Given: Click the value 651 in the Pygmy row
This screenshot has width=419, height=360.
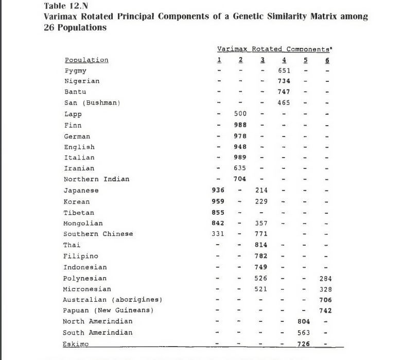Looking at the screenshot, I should (x=284, y=71).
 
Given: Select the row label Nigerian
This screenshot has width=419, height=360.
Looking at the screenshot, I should (x=82, y=81).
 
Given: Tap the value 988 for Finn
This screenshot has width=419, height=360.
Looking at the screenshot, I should (x=240, y=125).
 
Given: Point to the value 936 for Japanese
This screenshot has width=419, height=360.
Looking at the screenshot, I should (x=218, y=191).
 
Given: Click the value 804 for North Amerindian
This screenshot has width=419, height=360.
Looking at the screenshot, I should (x=304, y=321).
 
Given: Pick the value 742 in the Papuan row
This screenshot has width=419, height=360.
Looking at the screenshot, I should (x=325, y=311).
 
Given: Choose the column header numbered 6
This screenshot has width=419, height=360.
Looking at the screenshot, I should (x=327, y=60).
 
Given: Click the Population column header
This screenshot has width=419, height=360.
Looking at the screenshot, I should (x=86, y=60).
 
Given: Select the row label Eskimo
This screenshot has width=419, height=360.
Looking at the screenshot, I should (x=76, y=344).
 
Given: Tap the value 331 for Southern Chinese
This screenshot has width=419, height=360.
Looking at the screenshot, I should (x=218, y=234).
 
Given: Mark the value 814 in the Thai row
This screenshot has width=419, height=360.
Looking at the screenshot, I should (x=261, y=245).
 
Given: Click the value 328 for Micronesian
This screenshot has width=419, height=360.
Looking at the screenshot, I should (x=325, y=289).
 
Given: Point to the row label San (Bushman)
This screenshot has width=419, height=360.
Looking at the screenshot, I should (x=92, y=102).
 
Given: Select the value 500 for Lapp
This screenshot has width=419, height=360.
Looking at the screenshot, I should (x=240, y=114).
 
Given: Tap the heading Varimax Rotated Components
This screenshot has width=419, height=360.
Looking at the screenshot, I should (x=273, y=49).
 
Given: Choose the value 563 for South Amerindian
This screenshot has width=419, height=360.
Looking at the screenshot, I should (x=304, y=333).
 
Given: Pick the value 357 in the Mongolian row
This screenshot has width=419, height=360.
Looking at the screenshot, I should (x=261, y=224).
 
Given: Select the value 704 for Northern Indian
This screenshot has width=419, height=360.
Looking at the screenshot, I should (x=240, y=179).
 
